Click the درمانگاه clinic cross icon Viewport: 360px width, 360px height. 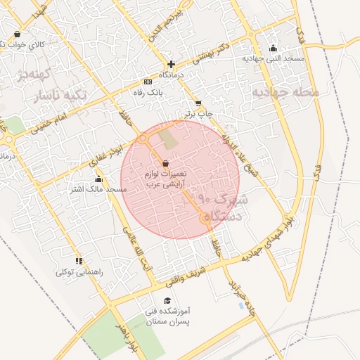(171, 64)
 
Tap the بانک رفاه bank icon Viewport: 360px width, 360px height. (148, 82)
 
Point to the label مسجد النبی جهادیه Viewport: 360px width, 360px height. (274, 58)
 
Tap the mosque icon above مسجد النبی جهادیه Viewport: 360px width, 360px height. (274, 48)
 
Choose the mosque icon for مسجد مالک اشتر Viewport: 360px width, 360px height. (98, 179)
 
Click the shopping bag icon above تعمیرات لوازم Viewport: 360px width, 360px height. (165, 163)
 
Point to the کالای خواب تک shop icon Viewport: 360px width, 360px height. (17, 33)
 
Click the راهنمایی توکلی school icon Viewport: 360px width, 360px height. (79, 261)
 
